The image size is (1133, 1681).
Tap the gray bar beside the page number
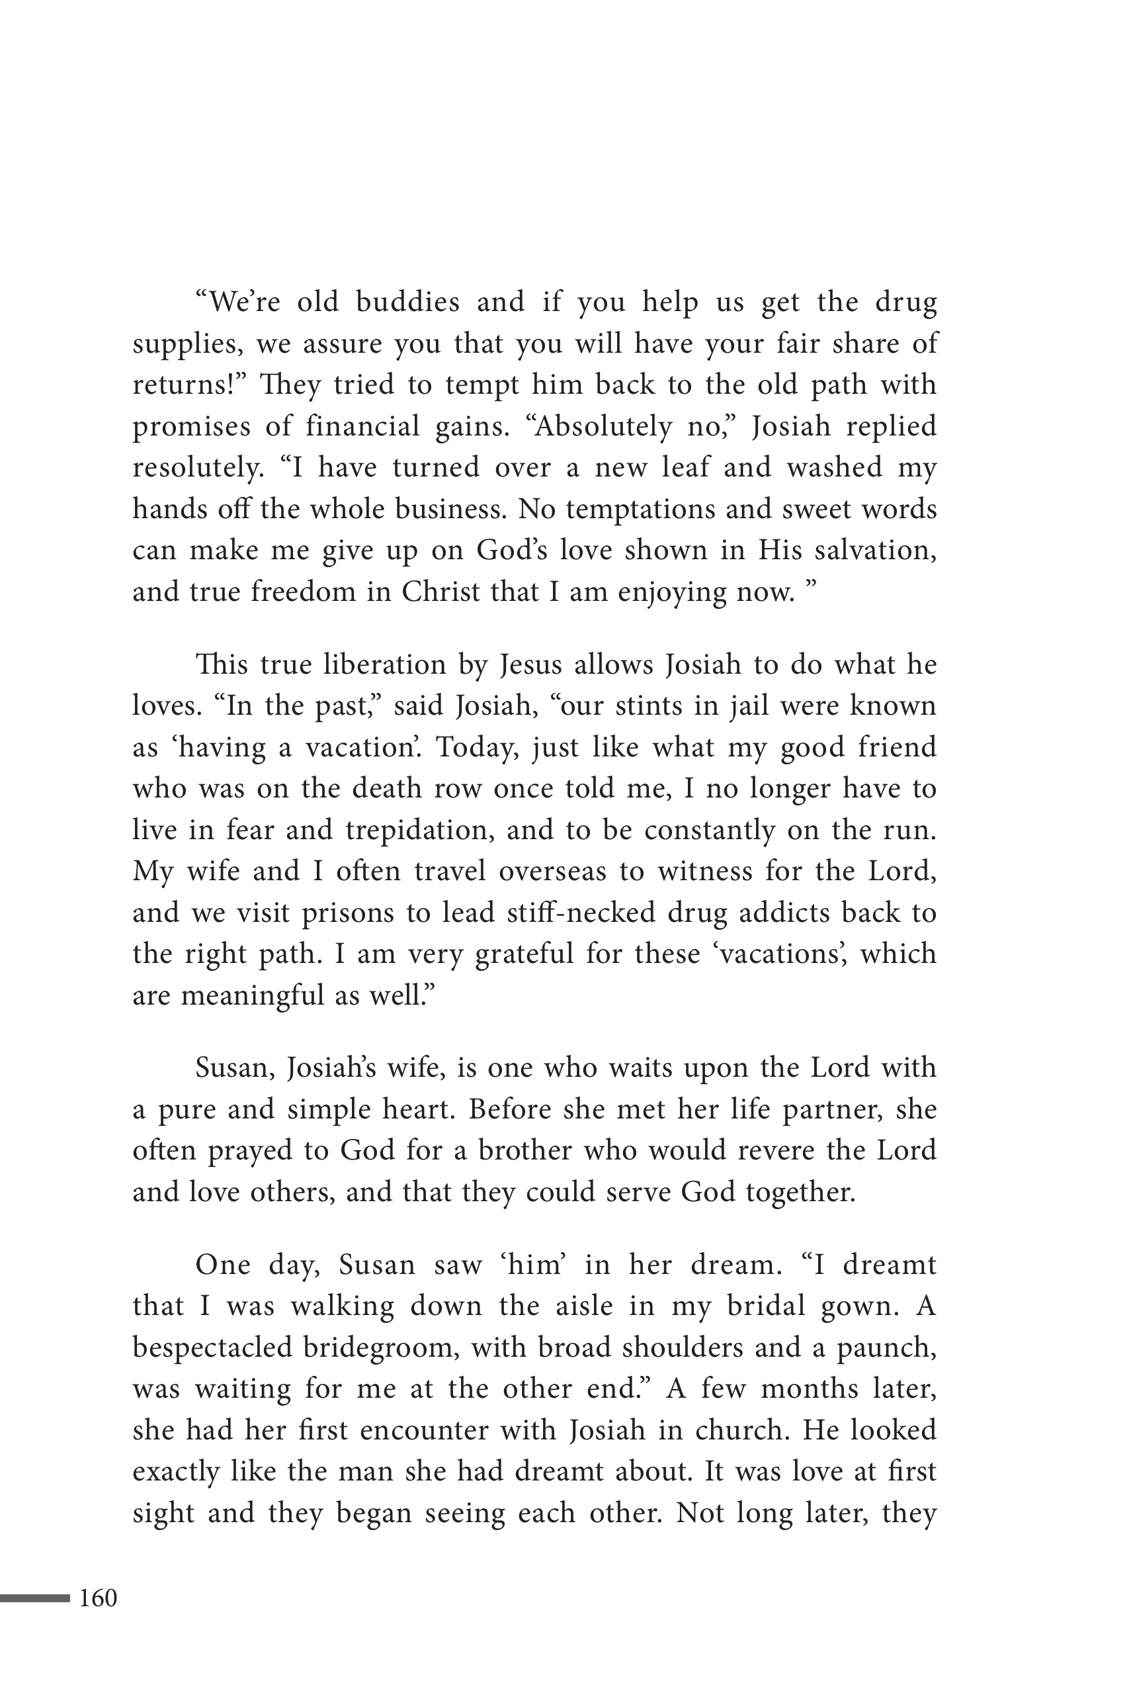[x=34, y=1598]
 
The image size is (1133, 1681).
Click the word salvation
[x=875, y=551]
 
